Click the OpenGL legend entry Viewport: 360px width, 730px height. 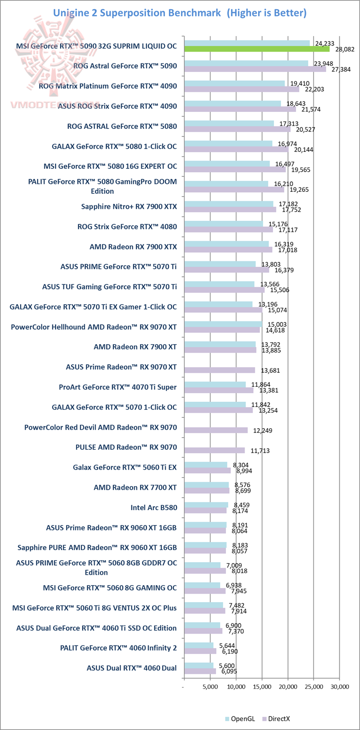243,719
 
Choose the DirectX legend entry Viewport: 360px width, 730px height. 278,719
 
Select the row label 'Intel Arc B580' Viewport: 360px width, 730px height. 153,508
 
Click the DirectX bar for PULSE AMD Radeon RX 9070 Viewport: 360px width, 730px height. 214,451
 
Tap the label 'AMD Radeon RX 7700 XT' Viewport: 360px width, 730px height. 135,487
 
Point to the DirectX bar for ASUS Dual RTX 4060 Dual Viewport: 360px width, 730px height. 200,671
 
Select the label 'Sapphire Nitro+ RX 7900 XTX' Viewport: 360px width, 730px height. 129,206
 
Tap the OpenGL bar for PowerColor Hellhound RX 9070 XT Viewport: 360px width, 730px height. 223,324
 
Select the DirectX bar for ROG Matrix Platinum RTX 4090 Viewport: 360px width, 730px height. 241,89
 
